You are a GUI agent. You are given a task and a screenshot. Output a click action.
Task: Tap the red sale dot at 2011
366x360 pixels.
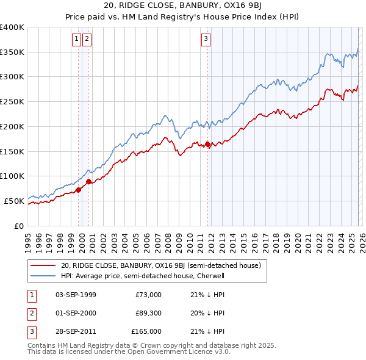208,145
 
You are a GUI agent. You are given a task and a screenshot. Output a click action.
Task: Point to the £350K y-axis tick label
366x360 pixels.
12,52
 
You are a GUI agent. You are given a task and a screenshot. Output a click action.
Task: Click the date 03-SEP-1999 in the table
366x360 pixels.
76,295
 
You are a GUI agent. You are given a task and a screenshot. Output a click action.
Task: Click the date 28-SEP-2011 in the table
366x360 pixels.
76,331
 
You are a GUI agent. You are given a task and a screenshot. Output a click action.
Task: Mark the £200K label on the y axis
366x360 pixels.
12,126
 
